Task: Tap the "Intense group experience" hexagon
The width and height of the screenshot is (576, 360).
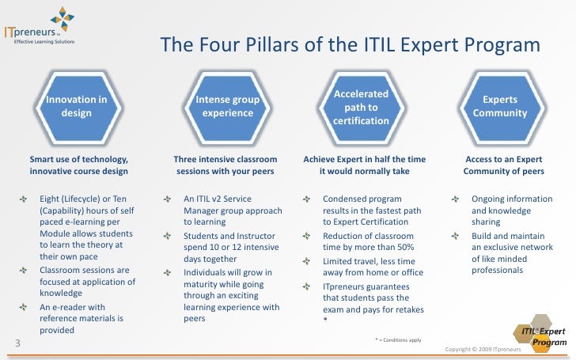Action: point(227,107)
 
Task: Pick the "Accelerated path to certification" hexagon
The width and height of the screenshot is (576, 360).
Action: point(361,107)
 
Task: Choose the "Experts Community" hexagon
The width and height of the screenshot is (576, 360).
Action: point(500,107)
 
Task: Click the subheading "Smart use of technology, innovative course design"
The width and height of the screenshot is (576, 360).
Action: point(78,165)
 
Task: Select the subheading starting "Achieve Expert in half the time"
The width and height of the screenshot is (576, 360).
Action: point(365,165)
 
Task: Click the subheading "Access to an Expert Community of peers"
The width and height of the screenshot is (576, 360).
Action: point(500,165)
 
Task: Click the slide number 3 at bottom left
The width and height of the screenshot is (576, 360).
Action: point(17,342)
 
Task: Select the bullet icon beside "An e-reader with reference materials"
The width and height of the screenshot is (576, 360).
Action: point(22,306)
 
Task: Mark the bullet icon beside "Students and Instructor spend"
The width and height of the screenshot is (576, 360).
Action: point(166,236)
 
